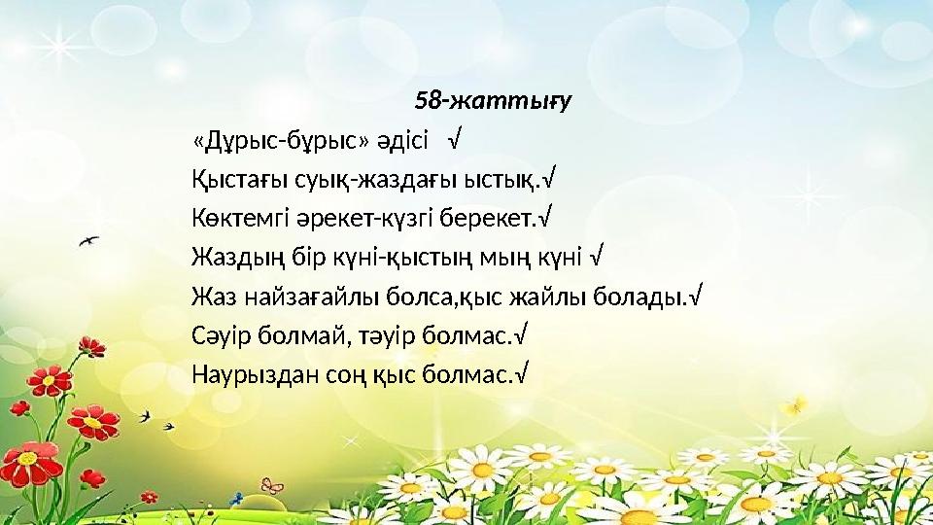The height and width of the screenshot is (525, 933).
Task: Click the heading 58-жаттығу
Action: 493,100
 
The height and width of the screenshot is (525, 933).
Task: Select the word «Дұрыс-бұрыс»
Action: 281,141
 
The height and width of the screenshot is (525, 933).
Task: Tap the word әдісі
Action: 403,141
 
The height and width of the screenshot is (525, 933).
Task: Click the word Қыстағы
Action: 231,180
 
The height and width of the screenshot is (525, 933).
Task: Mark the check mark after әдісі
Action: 454,141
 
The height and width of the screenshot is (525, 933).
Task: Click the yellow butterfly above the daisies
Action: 799,402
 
